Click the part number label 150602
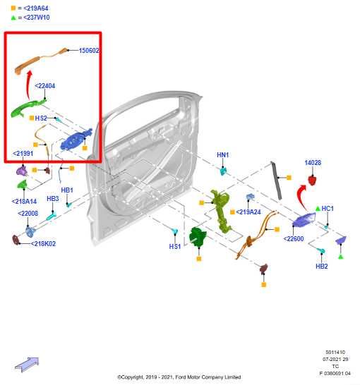[x=89, y=51]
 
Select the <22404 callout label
[x=45, y=86]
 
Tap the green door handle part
[x=28, y=107]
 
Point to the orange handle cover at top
[x=40, y=60]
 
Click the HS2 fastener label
[x=41, y=118]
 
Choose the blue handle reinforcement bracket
[x=76, y=140]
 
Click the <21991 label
[x=23, y=154]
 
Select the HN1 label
[x=222, y=155]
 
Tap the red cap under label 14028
[x=312, y=181]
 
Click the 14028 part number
[x=313, y=163]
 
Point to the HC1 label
[x=328, y=209]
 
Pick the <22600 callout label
[x=294, y=238]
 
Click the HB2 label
[x=322, y=266]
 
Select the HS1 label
[x=175, y=246]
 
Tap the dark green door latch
[x=198, y=237]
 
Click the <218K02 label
[x=43, y=243]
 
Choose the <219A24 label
[x=248, y=212]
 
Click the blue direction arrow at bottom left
[x=27, y=364]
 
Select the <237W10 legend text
[x=37, y=18]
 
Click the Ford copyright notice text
[x=179, y=377]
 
